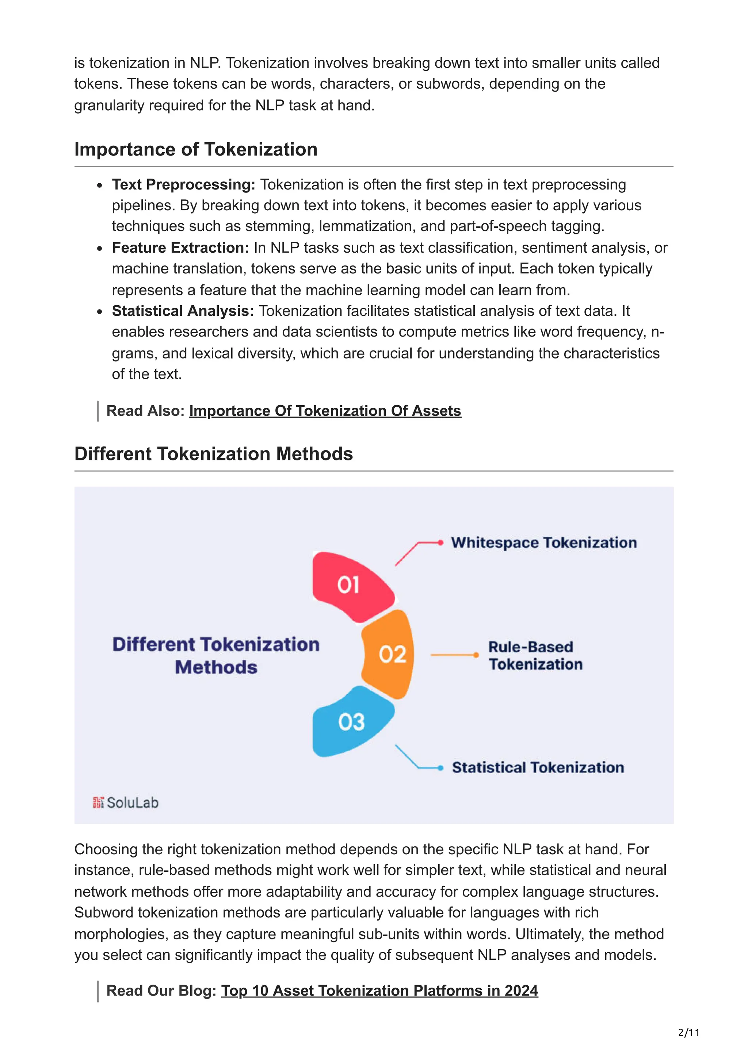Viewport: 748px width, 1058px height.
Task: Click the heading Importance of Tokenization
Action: click(x=196, y=149)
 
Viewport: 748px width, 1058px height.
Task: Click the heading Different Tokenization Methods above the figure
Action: click(x=213, y=454)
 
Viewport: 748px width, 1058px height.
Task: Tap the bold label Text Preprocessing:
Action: click(x=183, y=184)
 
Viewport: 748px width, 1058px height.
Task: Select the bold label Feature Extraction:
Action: click(x=180, y=248)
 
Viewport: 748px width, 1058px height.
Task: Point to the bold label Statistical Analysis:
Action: click(x=183, y=311)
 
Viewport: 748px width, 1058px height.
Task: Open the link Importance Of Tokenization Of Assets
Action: click(x=325, y=411)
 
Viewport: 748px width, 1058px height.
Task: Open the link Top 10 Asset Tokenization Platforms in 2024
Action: click(x=379, y=990)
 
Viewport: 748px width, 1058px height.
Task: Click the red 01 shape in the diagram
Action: click(x=350, y=585)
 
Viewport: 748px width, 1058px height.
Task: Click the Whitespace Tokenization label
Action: click(x=544, y=543)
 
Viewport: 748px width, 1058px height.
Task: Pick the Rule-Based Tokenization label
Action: click(x=535, y=655)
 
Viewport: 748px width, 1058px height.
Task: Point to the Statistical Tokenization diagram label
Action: click(x=537, y=767)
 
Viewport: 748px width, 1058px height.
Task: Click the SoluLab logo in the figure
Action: click(x=125, y=803)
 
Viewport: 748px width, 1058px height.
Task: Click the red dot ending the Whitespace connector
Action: click(x=440, y=543)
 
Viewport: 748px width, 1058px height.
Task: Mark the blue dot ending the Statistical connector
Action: click(x=440, y=768)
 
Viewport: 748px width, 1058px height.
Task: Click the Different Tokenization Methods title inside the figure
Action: click(x=216, y=655)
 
